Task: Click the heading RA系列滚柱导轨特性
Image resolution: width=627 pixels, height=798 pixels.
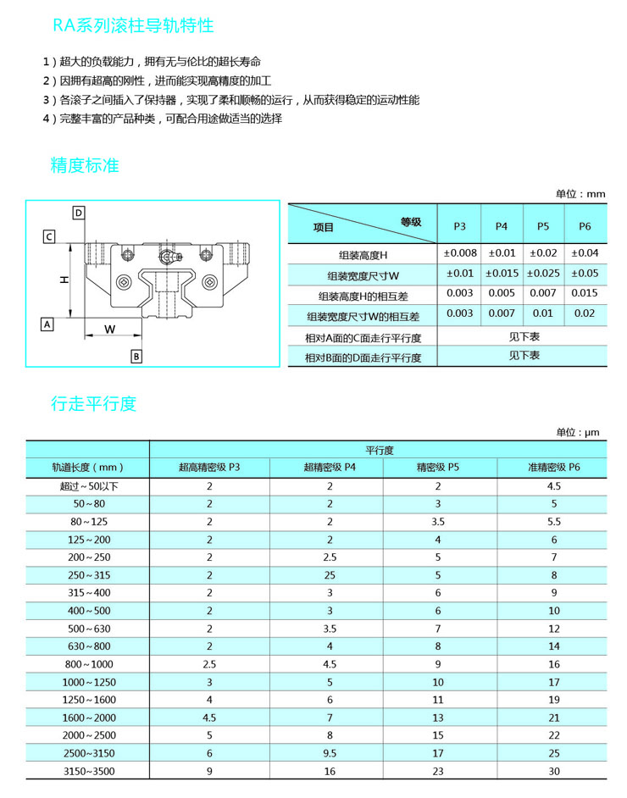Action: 133,25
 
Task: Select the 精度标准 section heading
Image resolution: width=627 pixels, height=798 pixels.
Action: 85,164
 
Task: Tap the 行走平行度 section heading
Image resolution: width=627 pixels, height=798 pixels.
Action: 93,403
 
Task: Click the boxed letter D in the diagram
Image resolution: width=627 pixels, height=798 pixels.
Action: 78,213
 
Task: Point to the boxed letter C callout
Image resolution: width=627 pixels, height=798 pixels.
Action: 49,236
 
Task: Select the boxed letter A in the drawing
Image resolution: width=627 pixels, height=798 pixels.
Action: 47,324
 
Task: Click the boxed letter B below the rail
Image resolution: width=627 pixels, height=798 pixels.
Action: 136,356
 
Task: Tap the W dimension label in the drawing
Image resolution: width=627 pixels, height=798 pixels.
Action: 110,328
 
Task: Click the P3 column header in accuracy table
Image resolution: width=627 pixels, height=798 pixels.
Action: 459,226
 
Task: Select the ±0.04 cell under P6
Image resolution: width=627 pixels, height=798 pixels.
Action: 585,252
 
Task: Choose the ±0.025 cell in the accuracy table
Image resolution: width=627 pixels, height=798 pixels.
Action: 543,273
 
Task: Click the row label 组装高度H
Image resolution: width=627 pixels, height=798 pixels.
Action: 363,254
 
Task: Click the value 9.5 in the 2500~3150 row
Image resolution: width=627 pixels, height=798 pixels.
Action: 330,752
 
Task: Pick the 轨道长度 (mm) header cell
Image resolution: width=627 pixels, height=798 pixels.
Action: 88,467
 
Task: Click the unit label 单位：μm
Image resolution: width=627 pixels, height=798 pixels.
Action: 577,432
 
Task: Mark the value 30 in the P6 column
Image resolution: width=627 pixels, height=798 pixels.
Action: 554,771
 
